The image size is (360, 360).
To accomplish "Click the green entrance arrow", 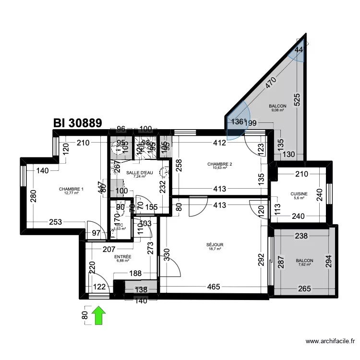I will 99,316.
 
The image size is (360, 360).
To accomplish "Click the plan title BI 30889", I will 78,123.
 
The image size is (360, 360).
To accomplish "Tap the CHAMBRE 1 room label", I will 71,189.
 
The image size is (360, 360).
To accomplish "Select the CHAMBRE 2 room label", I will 219,165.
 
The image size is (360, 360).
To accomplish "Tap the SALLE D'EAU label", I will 139,172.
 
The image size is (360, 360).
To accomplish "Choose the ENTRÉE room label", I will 123,257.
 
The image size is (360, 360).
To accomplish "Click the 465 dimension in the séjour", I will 214,287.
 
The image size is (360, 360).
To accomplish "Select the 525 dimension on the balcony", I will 297,99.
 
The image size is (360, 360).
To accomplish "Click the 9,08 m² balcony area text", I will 277,110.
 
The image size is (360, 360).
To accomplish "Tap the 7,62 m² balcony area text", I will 304,264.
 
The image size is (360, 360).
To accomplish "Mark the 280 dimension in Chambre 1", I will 33,197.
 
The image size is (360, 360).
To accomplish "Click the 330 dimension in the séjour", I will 166,254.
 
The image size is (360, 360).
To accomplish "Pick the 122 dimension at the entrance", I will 99,287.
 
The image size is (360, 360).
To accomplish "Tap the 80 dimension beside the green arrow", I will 84,316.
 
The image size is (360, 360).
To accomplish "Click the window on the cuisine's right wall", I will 329,194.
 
